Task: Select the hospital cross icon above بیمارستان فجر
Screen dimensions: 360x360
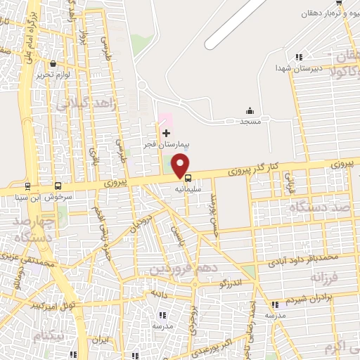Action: coord(166,133)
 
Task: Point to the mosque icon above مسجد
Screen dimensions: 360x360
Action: coord(250,110)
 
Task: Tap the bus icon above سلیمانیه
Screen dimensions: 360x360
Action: coord(187,177)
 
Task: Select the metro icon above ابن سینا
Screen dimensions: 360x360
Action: coord(27,186)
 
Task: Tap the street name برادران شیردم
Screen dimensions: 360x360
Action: coord(309,297)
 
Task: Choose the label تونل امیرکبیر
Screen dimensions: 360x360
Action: coord(57,307)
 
